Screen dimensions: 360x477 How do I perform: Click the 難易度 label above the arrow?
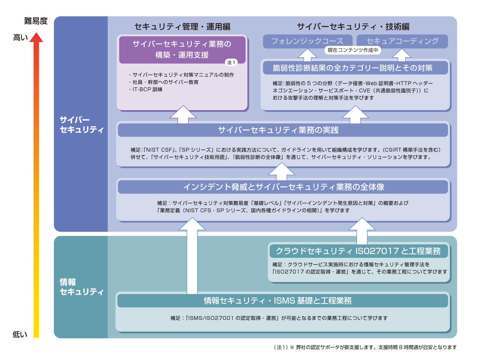point(36,21)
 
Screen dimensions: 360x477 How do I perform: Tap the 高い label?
point(20,38)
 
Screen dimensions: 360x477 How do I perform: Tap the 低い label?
point(20,334)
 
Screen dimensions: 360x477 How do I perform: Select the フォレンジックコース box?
point(307,41)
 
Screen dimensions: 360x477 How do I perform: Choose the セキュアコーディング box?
point(402,41)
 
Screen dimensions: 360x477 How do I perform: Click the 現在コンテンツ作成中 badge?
point(353,50)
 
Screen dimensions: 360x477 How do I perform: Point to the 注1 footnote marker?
point(231,62)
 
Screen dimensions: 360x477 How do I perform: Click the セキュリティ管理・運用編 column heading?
point(182,27)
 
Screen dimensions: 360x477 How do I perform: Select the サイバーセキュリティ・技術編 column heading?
point(353,27)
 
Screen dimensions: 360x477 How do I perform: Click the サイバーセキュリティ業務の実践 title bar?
point(282,130)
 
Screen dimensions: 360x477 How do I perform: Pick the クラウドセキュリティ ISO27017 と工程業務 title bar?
point(358,251)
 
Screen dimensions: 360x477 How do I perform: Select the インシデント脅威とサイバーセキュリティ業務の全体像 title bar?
point(282,187)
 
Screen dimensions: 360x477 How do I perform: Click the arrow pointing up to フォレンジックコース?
point(307,55)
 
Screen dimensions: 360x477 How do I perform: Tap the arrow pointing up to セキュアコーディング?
point(402,55)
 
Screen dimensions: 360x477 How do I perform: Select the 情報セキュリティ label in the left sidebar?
point(81,287)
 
